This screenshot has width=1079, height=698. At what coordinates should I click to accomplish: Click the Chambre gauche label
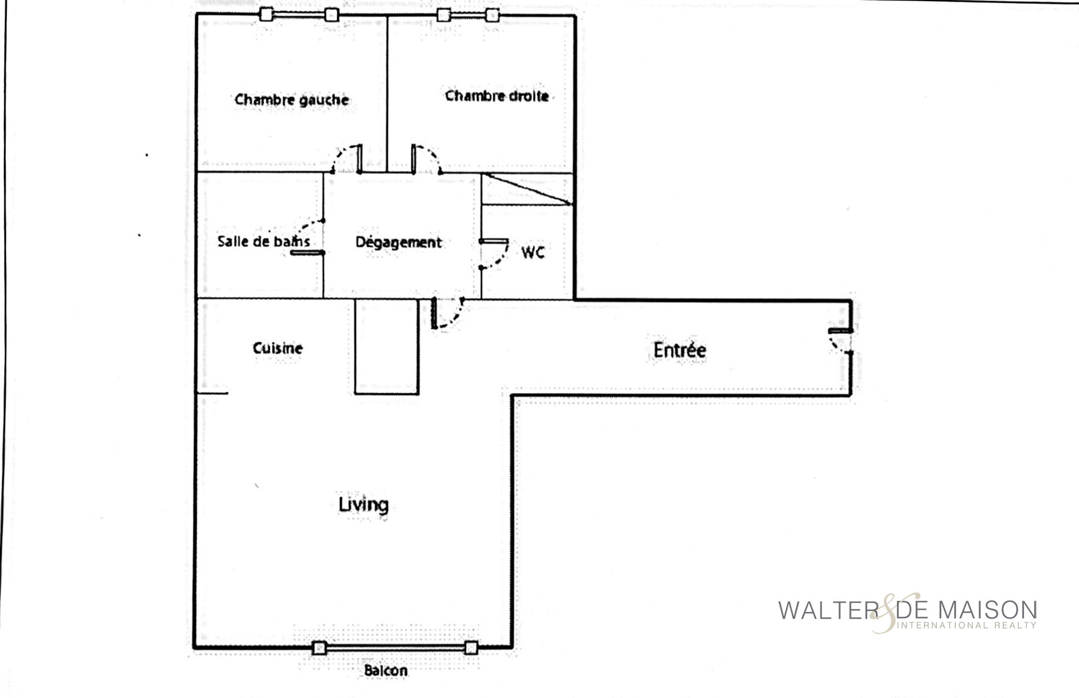tap(292, 100)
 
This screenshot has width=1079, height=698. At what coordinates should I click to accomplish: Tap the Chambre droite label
tap(497, 96)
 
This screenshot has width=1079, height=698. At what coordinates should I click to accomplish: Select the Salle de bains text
tap(264, 242)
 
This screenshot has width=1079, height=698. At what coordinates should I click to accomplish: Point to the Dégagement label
tap(398, 243)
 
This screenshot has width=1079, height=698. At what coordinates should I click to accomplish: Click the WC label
tap(533, 252)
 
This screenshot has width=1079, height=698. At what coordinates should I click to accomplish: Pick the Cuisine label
tap(278, 348)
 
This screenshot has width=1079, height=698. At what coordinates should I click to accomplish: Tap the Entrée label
tap(679, 350)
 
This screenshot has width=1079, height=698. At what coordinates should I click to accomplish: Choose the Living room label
tap(364, 504)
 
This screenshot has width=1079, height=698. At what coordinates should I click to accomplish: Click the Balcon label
tap(386, 670)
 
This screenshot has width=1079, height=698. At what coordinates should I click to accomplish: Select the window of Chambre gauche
tap(299, 15)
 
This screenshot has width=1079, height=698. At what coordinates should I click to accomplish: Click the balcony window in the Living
tap(395, 649)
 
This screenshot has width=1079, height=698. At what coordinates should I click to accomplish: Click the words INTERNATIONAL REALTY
tap(968, 625)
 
